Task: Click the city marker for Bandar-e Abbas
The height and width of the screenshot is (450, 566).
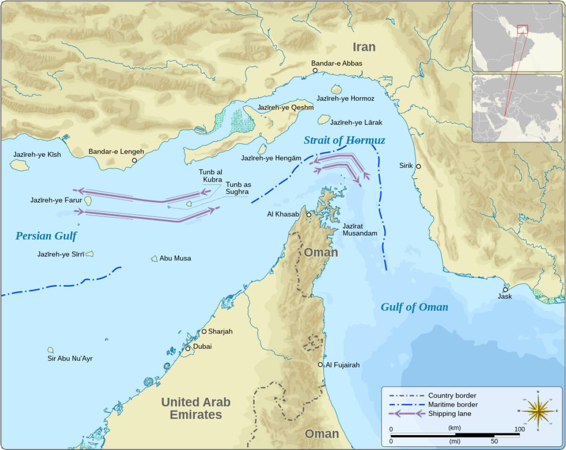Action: (x=315, y=70)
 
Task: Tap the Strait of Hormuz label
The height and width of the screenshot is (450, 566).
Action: (x=344, y=140)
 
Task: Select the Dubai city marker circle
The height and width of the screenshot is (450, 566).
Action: (x=188, y=348)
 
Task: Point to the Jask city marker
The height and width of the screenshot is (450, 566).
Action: (x=505, y=289)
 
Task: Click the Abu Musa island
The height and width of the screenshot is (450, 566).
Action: (x=154, y=259)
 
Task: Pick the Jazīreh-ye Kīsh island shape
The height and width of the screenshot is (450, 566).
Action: (x=19, y=165)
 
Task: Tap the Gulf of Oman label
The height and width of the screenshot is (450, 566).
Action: (x=414, y=307)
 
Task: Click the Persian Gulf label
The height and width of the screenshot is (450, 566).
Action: (x=46, y=236)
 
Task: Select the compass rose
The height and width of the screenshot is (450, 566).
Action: (x=538, y=410)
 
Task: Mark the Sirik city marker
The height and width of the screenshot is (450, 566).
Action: (x=418, y=166)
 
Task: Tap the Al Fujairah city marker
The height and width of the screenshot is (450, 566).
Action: (x=320, y=365)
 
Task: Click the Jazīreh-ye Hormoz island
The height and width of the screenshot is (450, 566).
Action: (x=336, y=89)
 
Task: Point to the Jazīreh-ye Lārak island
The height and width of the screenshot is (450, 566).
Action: (x=324, y=119)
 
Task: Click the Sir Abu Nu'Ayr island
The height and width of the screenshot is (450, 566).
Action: (x=50, y=350)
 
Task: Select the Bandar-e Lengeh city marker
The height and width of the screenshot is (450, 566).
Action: (x=134, y=160)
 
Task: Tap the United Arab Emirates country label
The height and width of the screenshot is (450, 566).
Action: (x=196, y=408)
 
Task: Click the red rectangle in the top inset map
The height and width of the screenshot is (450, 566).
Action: (x=522, y=29)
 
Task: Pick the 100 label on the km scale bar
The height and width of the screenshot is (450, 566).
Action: (x=519, y=429)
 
